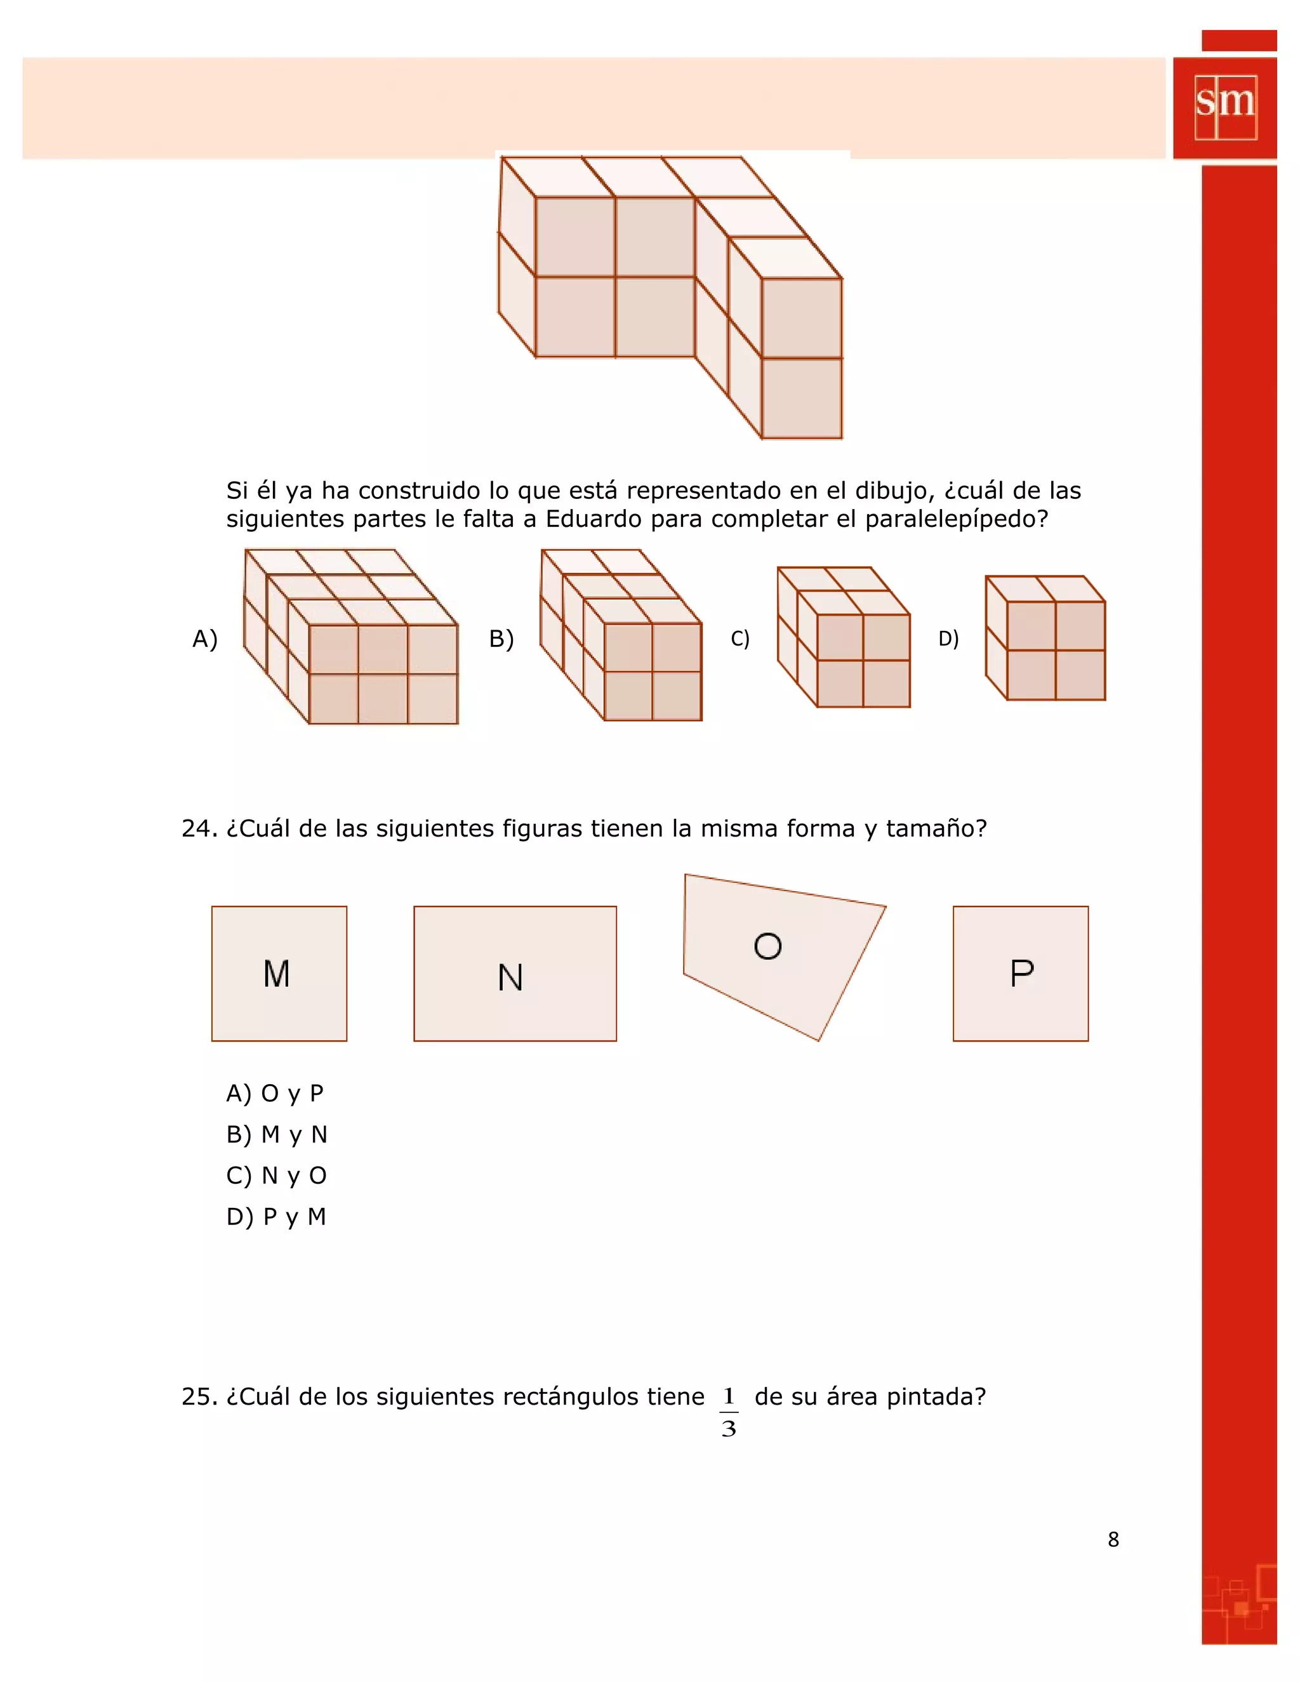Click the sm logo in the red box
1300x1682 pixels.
(1225, 107)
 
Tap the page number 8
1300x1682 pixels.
(1113, 1539)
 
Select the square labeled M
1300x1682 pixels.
(279, 974)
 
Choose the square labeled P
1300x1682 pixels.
(1021, 974)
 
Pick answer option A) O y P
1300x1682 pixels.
(275, 1093)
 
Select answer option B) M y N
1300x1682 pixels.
(277, 1134)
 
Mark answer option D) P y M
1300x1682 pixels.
(275, 1217)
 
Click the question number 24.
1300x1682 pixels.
(199, 829)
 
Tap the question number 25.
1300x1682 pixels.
(199, 1397)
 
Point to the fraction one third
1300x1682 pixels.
(729, 1412)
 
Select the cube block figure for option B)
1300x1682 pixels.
(621, 636)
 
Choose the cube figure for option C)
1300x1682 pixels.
(844, 638)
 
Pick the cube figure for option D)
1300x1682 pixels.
(1046, 639)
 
